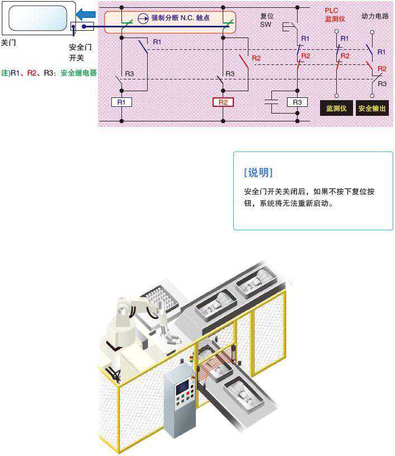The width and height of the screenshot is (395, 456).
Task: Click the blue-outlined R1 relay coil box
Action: coord(121,102)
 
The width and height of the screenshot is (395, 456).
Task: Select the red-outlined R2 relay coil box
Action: coord(223,102)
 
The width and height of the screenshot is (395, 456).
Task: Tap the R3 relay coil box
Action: coord(297,102)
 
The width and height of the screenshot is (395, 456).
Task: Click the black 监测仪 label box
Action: coord(336,108)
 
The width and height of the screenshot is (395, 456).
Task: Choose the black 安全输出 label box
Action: coord(372,108)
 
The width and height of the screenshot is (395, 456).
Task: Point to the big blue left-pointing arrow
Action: coord(86,14)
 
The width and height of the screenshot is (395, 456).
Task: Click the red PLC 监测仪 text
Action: coord(335,15)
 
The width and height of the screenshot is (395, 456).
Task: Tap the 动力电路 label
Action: coord(375,16)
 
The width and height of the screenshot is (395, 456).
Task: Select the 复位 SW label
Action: coord(267,20)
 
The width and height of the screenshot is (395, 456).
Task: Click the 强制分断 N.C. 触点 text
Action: coord(180,18)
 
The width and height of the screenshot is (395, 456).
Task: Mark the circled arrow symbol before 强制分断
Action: coord(143,18)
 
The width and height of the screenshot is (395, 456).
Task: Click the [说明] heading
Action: coord(258,172)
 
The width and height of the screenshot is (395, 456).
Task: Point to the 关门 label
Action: coord(8,43)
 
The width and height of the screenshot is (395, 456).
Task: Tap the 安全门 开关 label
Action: coord(80,53)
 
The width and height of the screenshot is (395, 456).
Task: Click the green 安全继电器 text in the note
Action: coord(78,73)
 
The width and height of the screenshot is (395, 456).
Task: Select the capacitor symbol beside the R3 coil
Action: coord(271,102)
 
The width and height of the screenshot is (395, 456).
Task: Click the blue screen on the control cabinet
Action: coord(182,387)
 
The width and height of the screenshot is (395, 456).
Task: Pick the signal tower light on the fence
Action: coord(191,358)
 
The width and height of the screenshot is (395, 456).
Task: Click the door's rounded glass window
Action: coord(38,18)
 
